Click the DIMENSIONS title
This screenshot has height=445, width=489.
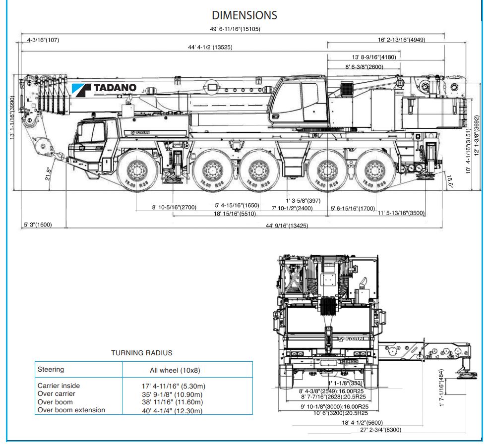tap(244, 15)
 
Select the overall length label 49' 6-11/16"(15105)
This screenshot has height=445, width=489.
tap(235, 29)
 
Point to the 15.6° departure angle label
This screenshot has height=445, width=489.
tap(450, 181)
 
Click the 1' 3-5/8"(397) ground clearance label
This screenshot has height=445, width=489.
tap(304, 201)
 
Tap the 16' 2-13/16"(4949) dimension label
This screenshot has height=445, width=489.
tap(401, 40)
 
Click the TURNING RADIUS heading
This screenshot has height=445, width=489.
tap(142, 353)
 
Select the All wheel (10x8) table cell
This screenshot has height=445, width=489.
tap(175, 370)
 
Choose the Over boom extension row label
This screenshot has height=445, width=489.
tap(71, 410)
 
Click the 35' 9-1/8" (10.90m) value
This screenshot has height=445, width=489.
tap(174, 394)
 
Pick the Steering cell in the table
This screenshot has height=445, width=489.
tap(51, 369)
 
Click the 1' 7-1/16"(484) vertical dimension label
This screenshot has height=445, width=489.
tap(441, 388)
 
